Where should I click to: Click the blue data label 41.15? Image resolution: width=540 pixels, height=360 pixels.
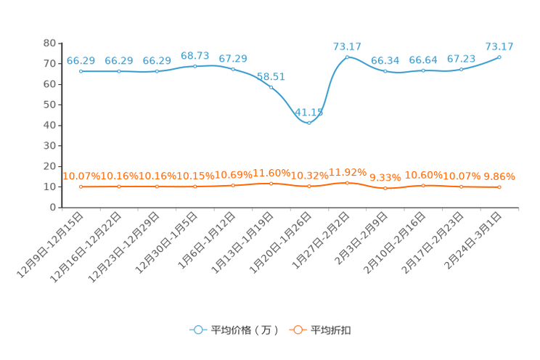point(309,112)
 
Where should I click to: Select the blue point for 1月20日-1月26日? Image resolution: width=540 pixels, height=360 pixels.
point(309,123)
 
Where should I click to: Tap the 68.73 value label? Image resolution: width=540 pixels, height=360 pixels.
point(195,55)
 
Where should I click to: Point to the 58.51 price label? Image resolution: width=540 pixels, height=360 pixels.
point(271,76)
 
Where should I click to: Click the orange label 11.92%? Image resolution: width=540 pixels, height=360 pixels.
point(348,172)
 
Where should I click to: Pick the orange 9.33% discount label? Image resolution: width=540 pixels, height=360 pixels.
point(385,177)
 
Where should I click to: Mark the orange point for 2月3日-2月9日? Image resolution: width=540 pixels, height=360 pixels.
point(385,188)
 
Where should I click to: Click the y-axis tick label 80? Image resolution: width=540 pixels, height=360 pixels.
point(49,43)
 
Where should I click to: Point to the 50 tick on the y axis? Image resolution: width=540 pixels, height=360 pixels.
point(49,105)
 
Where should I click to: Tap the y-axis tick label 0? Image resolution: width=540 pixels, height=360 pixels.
point(53,208)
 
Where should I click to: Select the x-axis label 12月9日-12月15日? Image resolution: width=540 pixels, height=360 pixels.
point(50,245)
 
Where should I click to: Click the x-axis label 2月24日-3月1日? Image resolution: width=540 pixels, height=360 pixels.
point(472,240)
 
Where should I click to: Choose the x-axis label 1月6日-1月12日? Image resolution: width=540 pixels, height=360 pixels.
point(207,240)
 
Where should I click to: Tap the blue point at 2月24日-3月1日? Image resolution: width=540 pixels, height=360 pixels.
point(499,57)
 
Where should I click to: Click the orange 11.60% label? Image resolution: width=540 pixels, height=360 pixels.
point(271,173)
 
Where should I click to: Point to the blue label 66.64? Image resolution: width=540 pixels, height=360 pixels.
point(423,60)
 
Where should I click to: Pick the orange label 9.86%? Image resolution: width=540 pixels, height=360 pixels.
point(499,176)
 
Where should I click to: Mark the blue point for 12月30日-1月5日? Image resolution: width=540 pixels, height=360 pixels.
point(195,66)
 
